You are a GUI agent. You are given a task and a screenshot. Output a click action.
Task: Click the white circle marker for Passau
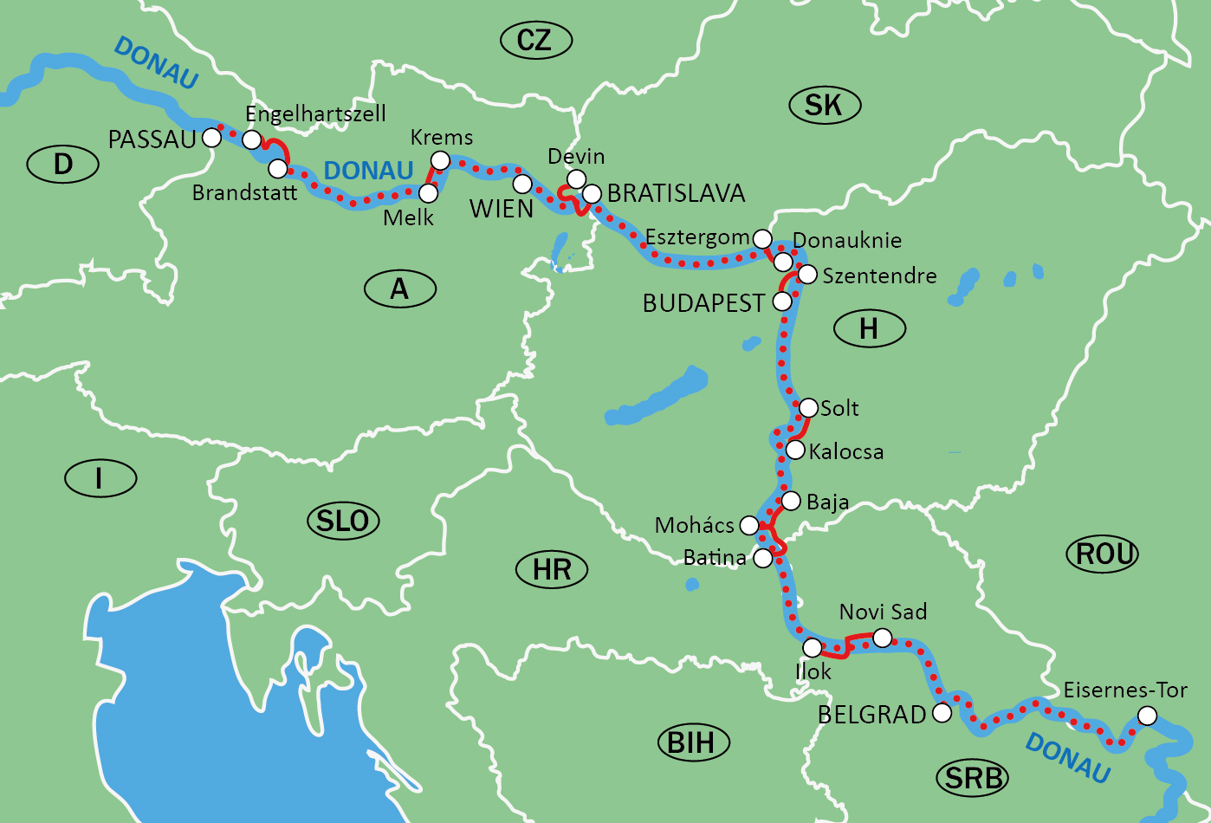[210, 137]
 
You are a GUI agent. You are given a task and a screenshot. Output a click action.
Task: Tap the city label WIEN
[501, 209]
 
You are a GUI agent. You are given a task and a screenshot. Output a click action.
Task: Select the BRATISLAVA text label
[676, 193]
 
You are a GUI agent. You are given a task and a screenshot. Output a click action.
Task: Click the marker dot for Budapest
[781, 301]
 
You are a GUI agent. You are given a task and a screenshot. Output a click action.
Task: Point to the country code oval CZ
[534, 40]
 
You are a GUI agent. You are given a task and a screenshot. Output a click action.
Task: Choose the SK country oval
[824, 105]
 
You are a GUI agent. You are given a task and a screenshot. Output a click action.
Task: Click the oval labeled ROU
[1103, 554]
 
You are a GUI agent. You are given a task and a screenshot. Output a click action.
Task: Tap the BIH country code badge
[692, 742]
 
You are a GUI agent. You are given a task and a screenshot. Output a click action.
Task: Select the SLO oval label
[343, 521]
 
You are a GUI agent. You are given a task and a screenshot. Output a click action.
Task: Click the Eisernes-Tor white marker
[1146, 716]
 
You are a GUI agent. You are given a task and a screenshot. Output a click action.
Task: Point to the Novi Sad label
[883, 612]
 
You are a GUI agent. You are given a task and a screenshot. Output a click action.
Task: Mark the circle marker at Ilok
[812, 647]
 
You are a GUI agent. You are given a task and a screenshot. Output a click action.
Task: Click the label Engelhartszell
[315, 114]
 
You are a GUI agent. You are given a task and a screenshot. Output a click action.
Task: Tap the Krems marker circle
[440, 160]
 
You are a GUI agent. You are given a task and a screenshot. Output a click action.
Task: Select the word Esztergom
[696, 237]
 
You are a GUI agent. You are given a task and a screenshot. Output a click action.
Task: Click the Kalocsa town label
[845, 451]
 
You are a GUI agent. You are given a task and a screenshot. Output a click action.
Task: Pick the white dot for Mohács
[748, 525]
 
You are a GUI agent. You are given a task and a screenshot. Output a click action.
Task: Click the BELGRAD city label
[871, 715]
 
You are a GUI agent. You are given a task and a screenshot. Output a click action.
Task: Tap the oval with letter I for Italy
[100, 478]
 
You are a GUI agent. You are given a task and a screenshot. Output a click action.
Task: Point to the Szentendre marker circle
[806, 275]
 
